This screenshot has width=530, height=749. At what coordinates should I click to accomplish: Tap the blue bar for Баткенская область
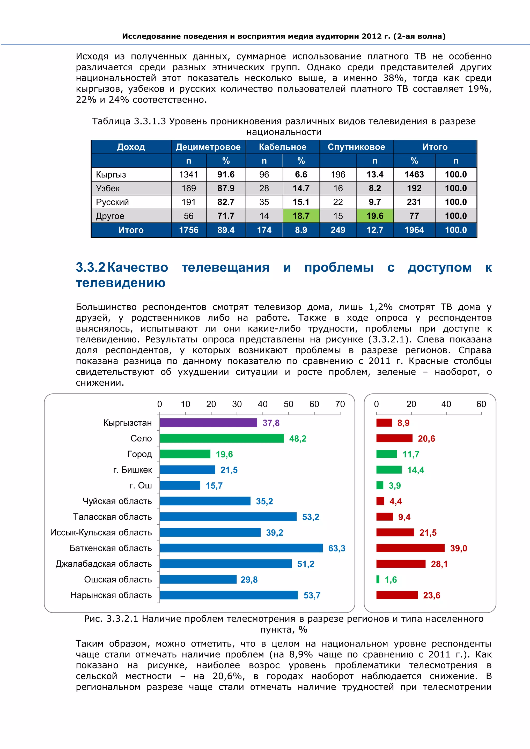tap(241, 548)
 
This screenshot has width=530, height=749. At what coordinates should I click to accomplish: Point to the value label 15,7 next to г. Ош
tap(214, 485)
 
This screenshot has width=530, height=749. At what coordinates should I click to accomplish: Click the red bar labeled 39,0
tap(410, 548)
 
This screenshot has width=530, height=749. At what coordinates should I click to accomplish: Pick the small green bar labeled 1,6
tap(378, 579)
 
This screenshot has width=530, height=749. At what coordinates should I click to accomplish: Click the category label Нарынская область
tap(111, 595)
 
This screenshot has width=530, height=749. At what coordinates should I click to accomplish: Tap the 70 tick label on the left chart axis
tap(340, 404)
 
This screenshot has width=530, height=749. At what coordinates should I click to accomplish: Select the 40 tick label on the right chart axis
tap(446, 404)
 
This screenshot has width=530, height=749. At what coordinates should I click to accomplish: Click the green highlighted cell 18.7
tap(301, 216)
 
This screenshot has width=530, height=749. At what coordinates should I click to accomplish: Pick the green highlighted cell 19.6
tap(375, 216)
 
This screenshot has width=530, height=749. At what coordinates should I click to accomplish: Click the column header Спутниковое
tap(356, 147)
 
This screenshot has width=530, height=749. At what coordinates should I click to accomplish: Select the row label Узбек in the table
tap(108, 188)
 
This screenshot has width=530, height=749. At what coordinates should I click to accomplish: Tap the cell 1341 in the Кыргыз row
tap(188, 175)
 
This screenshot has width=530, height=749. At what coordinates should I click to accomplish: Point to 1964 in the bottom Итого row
tap(414, 230)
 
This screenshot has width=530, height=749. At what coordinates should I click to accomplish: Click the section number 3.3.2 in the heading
tap(90, 267)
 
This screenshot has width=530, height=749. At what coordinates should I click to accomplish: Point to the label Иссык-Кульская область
tap(101, 532)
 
